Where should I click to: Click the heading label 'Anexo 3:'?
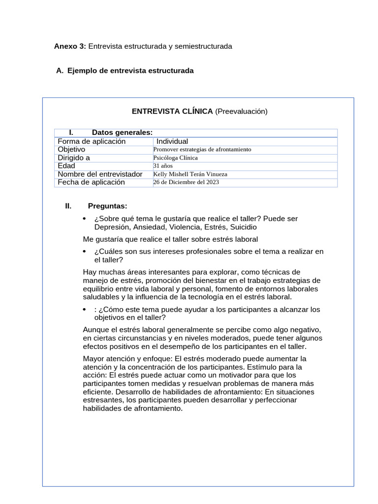[x=70, y=46]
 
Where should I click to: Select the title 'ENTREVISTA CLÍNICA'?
[x=172, y=111]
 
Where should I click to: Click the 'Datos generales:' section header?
[x=122, y=132]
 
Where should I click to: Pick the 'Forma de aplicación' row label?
[x=92, y=142]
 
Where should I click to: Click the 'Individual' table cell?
[x=172, y=142]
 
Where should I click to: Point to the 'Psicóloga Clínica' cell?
[x=176, y=158]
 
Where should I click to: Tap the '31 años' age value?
[x=163, y=166]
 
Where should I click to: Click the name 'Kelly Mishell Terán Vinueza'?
[x=190, y=174]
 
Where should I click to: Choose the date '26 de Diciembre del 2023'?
[x=186, y=182]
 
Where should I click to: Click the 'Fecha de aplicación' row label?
[x=91, y=182]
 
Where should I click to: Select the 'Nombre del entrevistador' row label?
[x=100, y=174]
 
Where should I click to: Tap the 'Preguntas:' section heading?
[x=107, y=206]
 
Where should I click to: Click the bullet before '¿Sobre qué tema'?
[x=85, y=219]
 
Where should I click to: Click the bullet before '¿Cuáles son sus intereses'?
[x=85, y=252]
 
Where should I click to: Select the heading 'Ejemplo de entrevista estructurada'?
[x=130, y=71]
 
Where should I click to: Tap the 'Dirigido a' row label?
[x=74, y=158]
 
